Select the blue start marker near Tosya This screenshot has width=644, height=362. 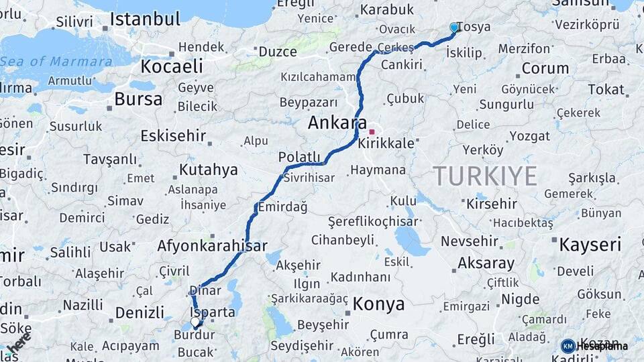point(454,27)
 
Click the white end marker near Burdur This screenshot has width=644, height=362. point(195,322)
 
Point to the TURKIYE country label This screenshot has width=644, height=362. point(485,176)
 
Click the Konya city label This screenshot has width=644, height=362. point(378,304)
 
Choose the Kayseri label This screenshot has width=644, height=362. point(590,244)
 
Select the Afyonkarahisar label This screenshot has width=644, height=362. point(212,245)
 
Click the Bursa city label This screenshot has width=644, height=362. point(138,99)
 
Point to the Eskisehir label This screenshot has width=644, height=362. point(173,135)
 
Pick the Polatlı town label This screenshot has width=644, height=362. point(299,157)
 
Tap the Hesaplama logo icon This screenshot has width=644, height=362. point(568,346)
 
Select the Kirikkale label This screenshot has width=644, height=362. point(386,143)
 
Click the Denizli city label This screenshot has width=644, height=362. point(140,312)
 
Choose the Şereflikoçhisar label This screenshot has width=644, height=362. point(373,221)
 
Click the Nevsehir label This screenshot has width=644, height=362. point(470,241)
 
